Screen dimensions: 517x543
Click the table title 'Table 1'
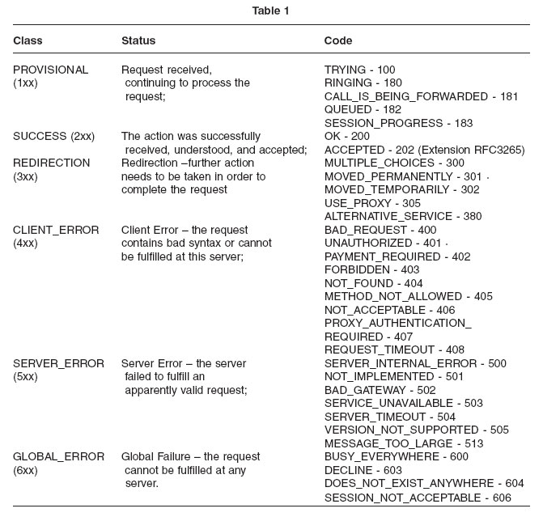coord(270,11)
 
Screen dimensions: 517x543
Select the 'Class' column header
coord(28,40)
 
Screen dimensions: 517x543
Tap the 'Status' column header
coord(138,40)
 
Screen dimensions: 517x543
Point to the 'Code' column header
coord(338,40)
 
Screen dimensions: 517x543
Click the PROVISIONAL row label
coord(51,70)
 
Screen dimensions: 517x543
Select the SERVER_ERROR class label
coord(58,364)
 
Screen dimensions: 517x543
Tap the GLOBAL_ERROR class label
coord(58,457)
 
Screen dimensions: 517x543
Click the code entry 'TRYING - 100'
coord(360,70)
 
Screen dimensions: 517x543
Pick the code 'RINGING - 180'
coord(363,83)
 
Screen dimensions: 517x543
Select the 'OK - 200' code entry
coord(347,137)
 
